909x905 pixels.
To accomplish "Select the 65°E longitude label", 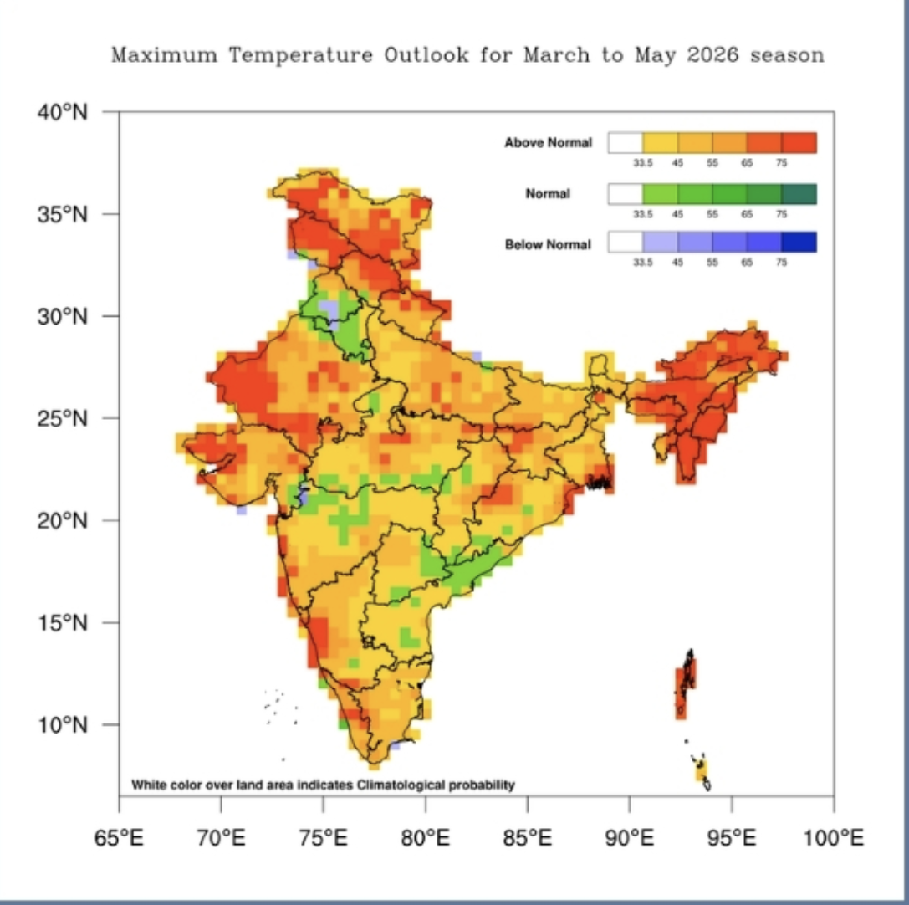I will click(x=120, y=836).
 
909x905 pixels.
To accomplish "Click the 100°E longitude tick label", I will click(x=834, y=836).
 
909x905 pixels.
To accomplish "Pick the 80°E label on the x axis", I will click(x=426, y=836).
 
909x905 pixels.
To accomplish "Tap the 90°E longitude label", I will click(x=630, y=836).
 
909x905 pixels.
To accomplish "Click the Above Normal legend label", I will click(x=548, y=143).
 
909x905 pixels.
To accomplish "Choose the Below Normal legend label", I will click(x=548, y=245).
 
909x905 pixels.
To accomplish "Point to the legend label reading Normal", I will click(x=548, y=194).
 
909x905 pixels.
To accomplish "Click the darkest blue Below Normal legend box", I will click(x=799, y=243).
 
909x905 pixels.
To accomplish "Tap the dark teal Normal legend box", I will click(x=799, y=194).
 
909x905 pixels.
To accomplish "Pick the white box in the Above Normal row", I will click(x=626, y=143).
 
